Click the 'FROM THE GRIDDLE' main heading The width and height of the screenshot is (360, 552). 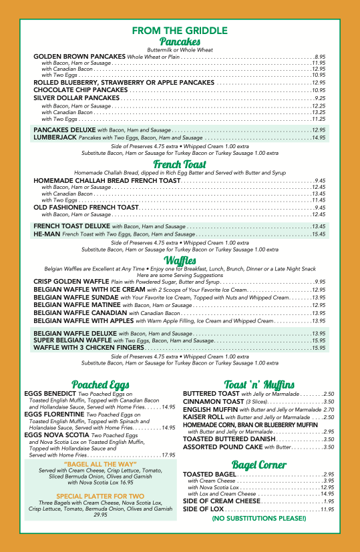(180, 31)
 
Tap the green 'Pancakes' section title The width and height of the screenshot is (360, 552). (180, 42)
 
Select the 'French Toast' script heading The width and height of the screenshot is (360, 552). (180, 164)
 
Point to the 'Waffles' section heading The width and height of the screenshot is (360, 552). (180, 260)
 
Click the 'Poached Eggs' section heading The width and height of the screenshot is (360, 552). (90, 385)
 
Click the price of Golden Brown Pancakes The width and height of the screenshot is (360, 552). (319, 57)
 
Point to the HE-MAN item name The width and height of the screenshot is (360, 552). (47, 234)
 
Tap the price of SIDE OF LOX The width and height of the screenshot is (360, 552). (327, 528)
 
